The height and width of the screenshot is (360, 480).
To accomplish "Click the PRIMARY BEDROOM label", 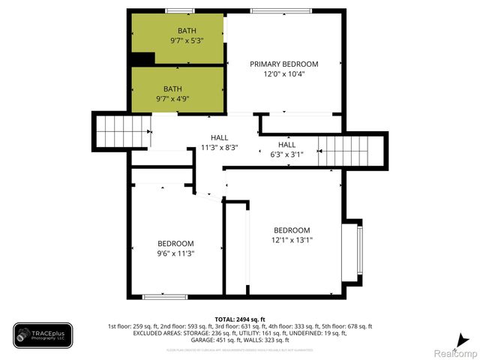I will coord(283,64).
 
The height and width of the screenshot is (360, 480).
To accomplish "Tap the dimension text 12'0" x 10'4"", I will coord(283,74).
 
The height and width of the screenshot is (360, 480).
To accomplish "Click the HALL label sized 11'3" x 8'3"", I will coord(219,138).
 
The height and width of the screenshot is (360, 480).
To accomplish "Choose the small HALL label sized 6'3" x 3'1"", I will coord(286,145).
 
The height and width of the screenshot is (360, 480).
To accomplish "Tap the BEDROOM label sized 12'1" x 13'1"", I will coord(291,230).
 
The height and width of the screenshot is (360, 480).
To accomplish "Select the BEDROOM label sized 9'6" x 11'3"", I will coord(175,244).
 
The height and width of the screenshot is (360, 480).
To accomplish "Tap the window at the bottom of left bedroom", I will coord(164,297).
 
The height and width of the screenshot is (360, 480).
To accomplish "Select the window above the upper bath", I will coord(177,10).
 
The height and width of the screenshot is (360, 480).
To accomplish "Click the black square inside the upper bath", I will coord(141,58).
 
